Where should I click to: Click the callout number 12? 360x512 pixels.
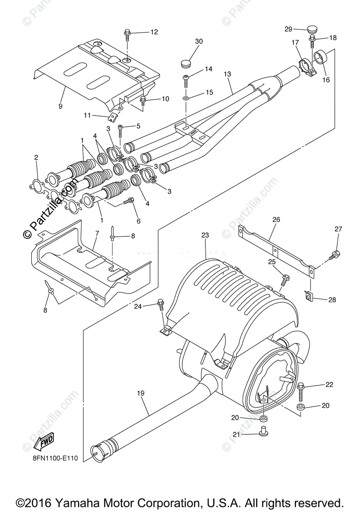pos(154,32)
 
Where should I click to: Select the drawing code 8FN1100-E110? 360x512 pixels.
pos(55,459)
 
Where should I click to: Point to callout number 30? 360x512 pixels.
pos(199,41)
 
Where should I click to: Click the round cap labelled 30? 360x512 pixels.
pos(185,64)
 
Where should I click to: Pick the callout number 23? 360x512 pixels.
pos(205,235)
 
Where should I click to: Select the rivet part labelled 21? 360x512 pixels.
pos(263,433)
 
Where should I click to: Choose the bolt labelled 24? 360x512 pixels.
pos(161,304)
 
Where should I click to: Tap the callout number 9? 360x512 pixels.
pos(60,105)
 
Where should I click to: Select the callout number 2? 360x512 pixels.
pos(36,158)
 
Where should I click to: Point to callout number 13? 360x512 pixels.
pos(227,74)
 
